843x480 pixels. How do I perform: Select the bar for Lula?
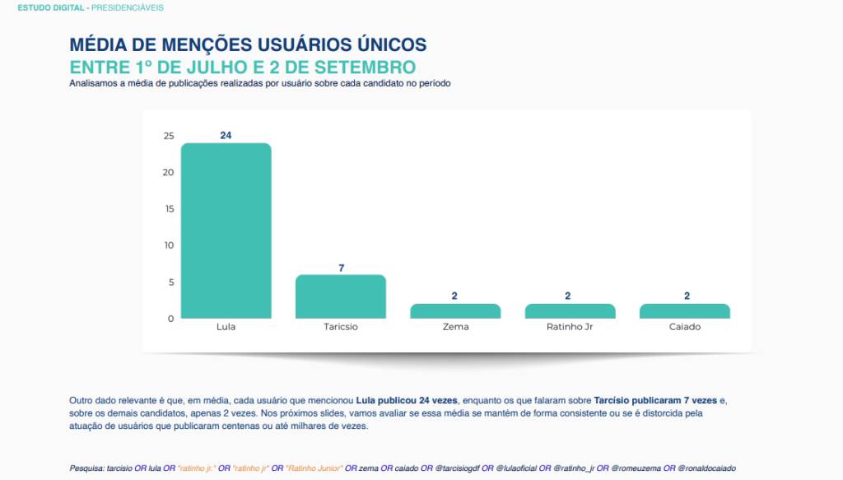(226, 231)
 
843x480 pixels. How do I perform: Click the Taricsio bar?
(340, 296)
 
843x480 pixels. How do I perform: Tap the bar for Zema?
(455, 311)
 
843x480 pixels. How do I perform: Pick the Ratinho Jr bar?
(570, 311)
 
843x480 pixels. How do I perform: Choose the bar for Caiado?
(685, 311)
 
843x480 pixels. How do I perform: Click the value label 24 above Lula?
(226, 136)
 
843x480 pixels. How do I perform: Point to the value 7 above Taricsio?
(340, 268)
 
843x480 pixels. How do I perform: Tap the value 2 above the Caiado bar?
(685, 296)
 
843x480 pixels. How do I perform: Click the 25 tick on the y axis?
(168, 136)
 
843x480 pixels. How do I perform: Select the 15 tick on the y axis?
(168, 209)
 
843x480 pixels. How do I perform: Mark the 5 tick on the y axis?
(170, 282)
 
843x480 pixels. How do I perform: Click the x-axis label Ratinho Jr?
(570, 327)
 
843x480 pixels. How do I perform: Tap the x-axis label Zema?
(455, 327)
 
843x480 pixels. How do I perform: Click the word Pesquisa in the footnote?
(86, 468)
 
